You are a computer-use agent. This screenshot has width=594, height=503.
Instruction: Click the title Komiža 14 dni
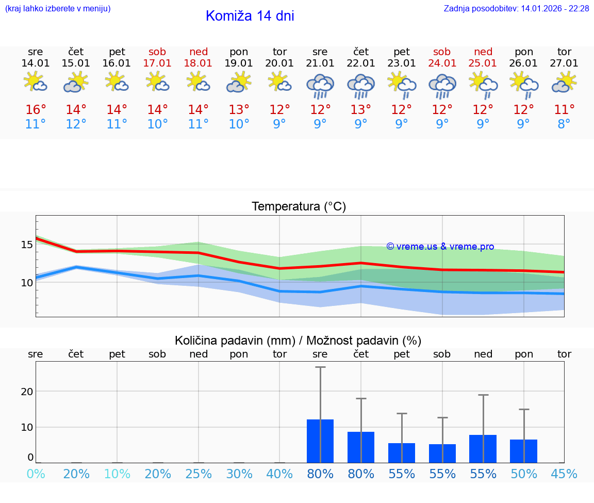coord(250,16)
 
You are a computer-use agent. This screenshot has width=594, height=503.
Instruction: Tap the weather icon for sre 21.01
coord(320,86)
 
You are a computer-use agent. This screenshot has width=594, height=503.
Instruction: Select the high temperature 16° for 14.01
coord(36,110)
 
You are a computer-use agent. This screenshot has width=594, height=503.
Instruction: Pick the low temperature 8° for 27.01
coord(564,124)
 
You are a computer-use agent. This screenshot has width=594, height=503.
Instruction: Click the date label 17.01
coord(157,63)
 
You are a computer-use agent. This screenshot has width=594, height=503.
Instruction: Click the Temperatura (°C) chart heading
coord(299,207)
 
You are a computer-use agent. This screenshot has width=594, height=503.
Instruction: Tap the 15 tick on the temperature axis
coord(27,245)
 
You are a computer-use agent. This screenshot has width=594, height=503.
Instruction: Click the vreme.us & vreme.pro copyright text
coord(440,247)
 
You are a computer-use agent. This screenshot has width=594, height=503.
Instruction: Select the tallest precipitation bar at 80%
coord(320,441)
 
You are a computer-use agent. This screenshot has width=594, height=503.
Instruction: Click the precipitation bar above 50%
coord(523,451)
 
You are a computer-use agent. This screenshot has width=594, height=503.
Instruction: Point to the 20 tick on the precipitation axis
coord(27,392)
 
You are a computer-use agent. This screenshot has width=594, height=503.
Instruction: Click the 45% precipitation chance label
coord(564,474)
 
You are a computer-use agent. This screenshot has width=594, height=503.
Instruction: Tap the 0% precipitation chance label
coord(36,474)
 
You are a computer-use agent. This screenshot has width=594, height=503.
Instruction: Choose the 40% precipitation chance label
coord(279,474)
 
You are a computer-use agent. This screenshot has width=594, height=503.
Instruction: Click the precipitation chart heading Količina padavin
coord(298,340)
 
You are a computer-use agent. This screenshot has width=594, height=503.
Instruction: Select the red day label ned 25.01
coord(483,57)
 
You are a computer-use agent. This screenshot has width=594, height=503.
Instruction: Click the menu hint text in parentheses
coord(58,9)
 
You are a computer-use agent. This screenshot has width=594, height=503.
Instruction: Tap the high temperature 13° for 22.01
coord(360,110)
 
